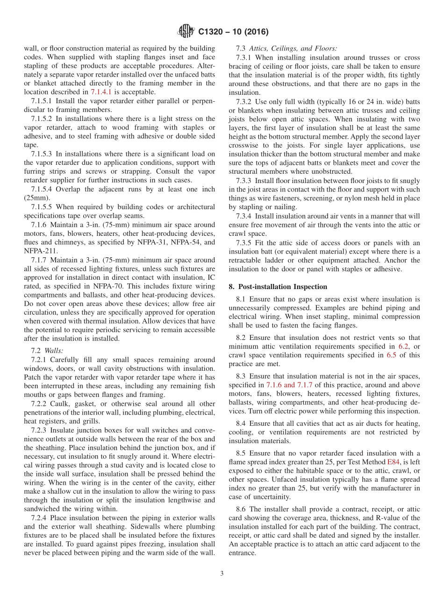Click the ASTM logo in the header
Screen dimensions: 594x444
pos(186,32)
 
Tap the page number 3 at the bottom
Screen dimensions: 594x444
pos(222,573)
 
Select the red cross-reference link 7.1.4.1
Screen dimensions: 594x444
pos(103,92)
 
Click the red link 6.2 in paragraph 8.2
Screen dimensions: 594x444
pos(403,346)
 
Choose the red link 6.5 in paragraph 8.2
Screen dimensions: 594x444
pos(392,355)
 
